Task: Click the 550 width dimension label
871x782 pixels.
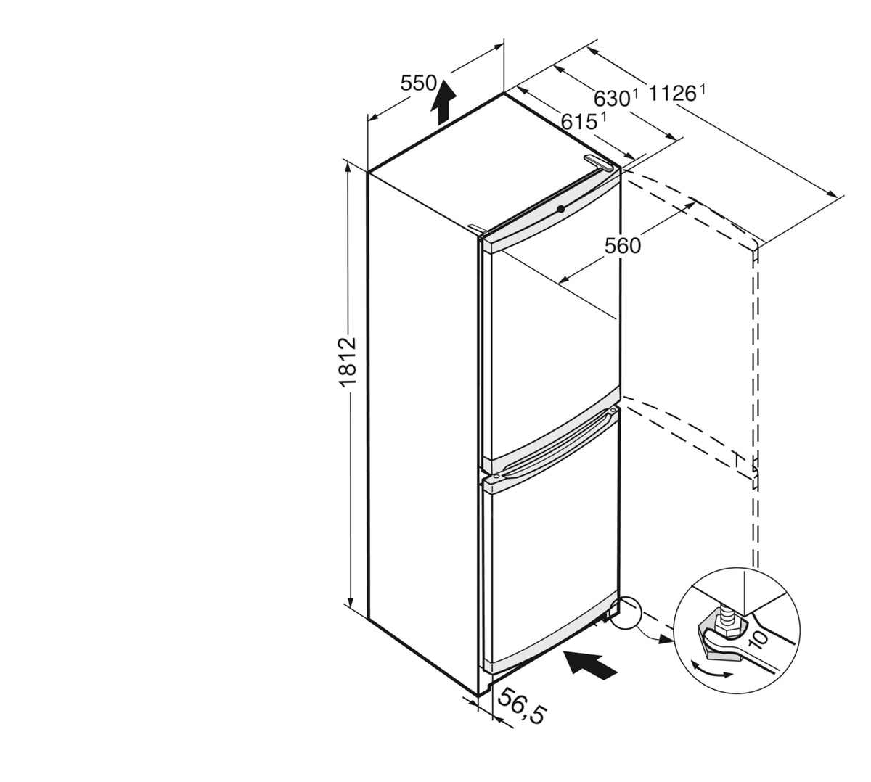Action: coord(418,83)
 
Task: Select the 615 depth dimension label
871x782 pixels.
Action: coord(579,123)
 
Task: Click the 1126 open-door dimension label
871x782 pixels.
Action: coord(672,94)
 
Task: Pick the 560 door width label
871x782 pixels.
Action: coord(623,246)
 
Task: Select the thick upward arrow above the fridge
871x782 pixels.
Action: coord(443,102)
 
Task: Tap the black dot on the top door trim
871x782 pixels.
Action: coord(560,209)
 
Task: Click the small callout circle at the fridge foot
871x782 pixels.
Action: coord(626,613)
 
